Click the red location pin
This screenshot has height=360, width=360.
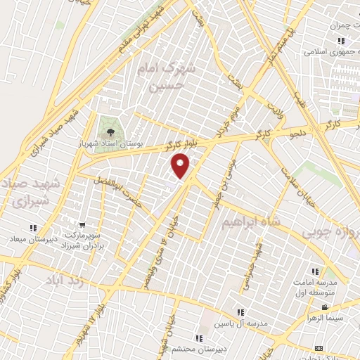(x=181, y=166)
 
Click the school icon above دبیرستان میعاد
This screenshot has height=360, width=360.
(x=33, y=227)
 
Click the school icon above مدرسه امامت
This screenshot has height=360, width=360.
(x=314, y=271)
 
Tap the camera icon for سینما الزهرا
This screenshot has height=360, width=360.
(x=324, y=307)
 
